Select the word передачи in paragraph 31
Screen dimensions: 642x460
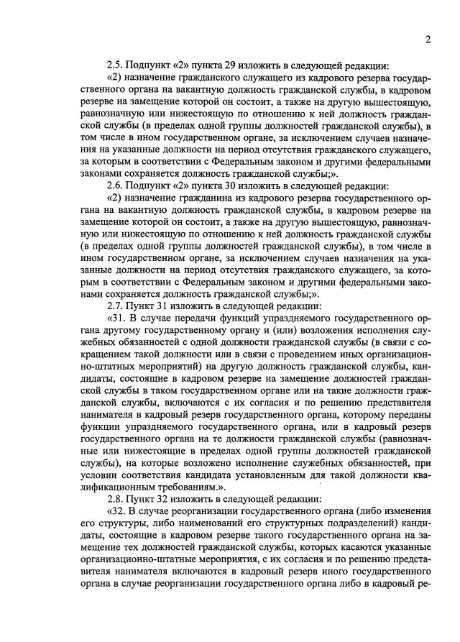[x=205, y=318]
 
